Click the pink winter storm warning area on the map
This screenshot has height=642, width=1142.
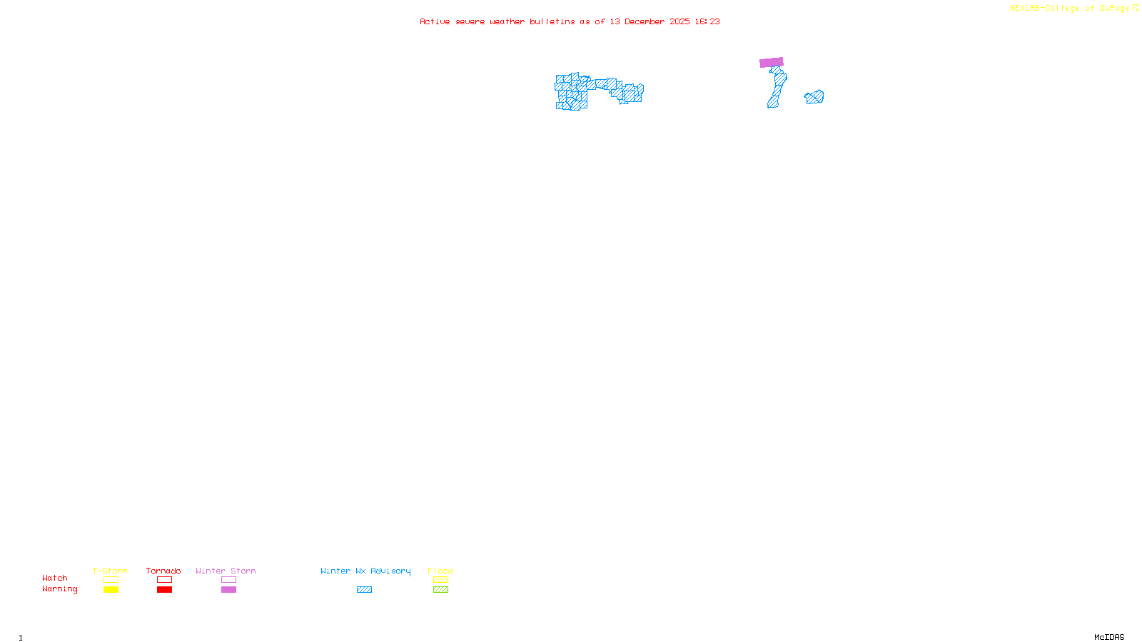(x=771, y=63)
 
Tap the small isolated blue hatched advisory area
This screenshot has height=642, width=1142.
(x=814, y=97)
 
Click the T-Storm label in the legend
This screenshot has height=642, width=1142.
(x=110, y=571)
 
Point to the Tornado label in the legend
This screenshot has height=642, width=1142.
(x=163, y=571)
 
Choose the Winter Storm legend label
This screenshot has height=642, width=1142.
(x=226, y=571)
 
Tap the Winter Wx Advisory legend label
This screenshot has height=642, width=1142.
(x=365, y=571)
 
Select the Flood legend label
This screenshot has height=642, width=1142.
(x=440, y=571)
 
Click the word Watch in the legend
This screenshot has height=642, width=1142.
(x=55, y=578)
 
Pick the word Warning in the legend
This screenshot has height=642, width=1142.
(x=59, y=589)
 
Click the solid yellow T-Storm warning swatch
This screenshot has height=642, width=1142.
(x=111, y=590)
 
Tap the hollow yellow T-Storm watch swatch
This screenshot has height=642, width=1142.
(x=111, y=580)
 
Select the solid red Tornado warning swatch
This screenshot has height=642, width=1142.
(x=164, y=590)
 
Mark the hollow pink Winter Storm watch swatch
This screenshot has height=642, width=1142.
(x=228, y=580)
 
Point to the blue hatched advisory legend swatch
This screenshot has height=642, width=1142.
(x=364, y=590)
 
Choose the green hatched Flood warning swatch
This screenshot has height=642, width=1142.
(x=440, y=590)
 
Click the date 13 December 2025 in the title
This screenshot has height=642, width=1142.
(x=650, y=21)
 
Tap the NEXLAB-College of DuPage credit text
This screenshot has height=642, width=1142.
(x=1069, y=9)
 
